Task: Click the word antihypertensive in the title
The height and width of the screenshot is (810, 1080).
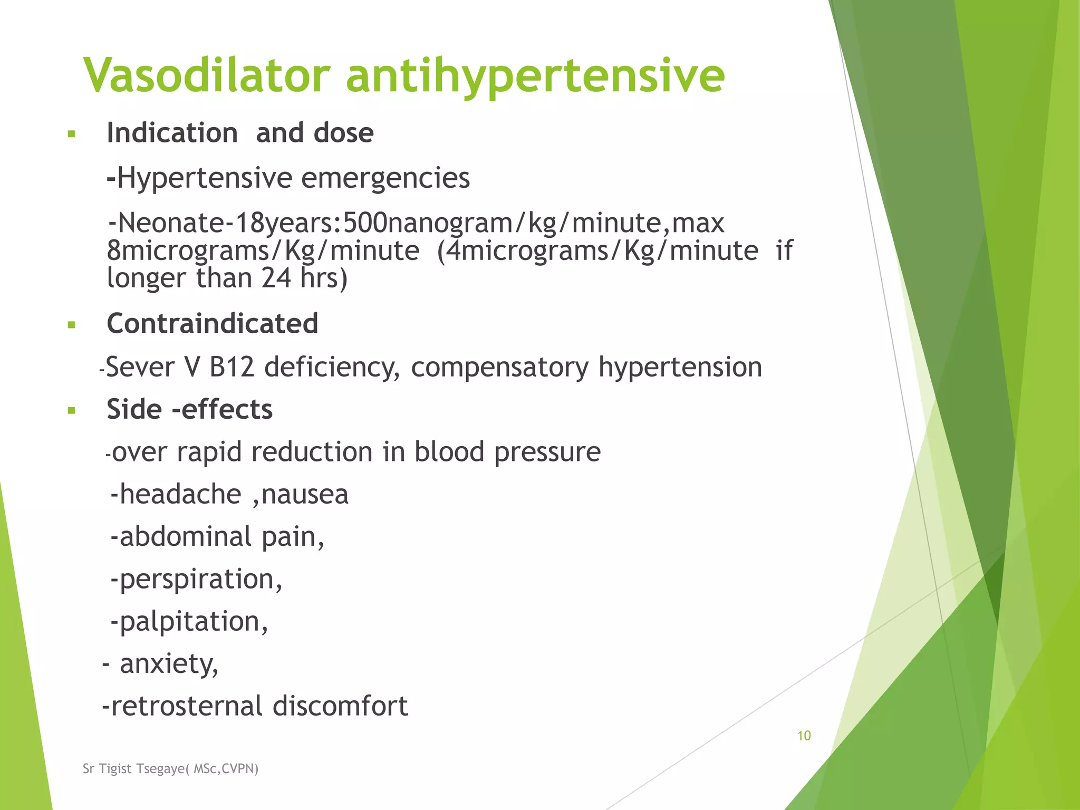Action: [535, 76]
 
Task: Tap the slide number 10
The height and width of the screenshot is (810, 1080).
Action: [804, 736]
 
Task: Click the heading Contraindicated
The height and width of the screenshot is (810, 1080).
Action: [212, 323]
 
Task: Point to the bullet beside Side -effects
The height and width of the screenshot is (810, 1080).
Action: [72, 410]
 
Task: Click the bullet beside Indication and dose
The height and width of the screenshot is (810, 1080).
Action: [72, 134]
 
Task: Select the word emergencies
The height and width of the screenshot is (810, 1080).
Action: [385, 178]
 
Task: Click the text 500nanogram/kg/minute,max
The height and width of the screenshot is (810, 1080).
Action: [533, 223]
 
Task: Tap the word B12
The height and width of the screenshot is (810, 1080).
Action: [232, 367]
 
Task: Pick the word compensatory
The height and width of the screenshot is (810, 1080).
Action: [499, 368]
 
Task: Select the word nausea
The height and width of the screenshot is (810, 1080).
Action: [305, 495]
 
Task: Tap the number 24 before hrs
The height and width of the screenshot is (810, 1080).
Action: [276, 278]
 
